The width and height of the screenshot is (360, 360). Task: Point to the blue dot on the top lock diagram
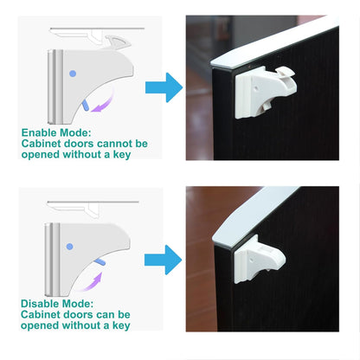[72, 74]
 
